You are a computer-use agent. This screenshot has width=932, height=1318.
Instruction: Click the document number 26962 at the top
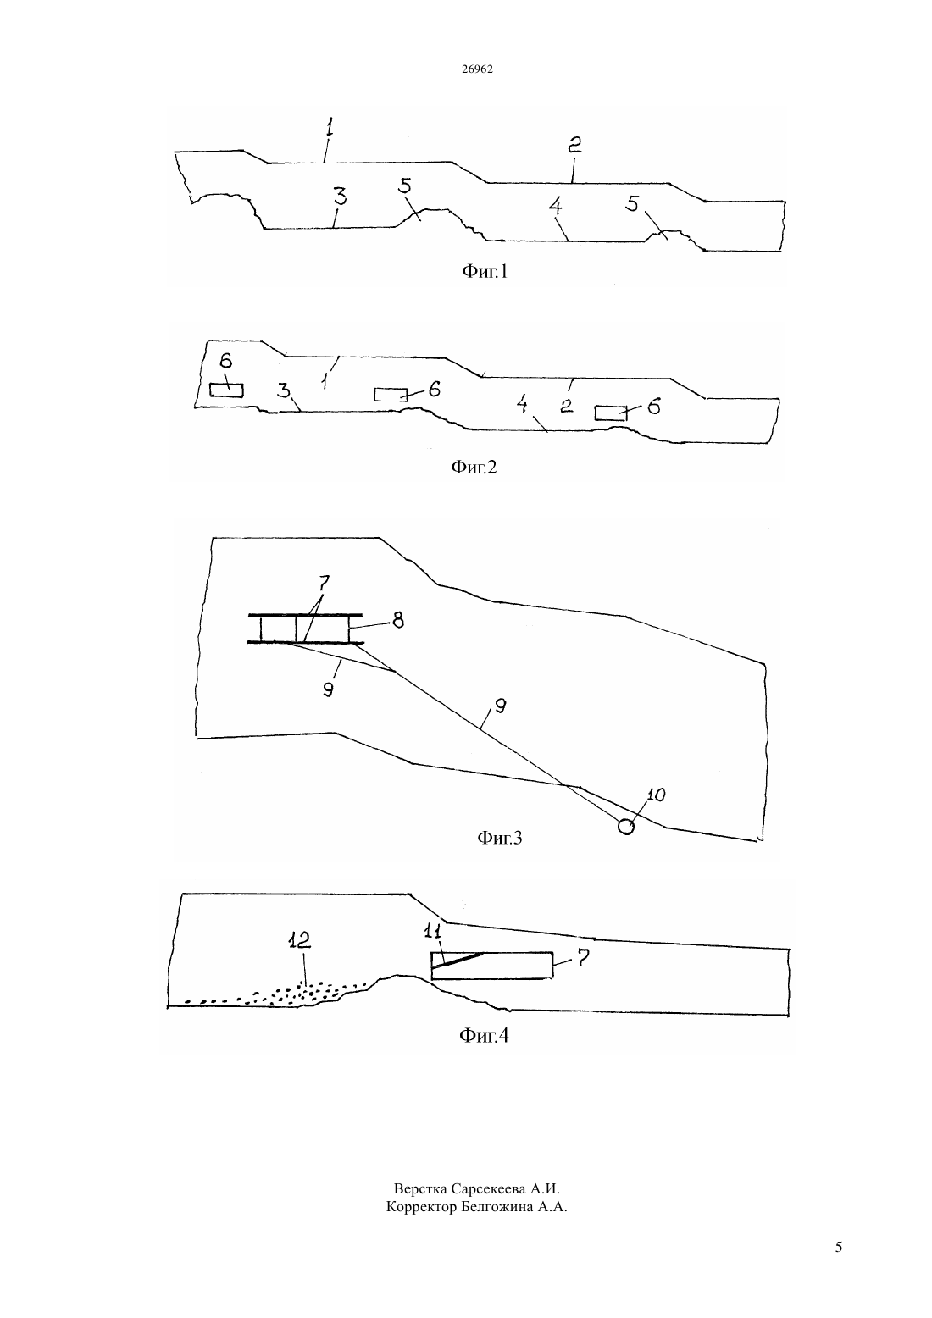[x=477, y=69]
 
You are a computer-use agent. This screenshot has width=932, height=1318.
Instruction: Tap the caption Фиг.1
[x=485, y=271]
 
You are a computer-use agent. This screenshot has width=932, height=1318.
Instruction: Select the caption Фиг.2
[x=474, y=468]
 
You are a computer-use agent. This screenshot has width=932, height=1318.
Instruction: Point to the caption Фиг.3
[x=500, y=837]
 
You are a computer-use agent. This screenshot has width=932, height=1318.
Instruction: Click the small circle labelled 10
[x=626, y=827]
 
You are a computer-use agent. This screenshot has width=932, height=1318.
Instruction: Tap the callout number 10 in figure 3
[x=656, y=795]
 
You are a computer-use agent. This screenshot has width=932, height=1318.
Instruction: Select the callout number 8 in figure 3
[x=398, y=620]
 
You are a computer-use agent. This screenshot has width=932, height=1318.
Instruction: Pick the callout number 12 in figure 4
[x=299, y=940]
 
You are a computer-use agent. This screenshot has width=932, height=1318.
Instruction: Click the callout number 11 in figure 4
[x=432, y=932]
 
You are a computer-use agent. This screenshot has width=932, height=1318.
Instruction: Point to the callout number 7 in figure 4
[x=582, y=958]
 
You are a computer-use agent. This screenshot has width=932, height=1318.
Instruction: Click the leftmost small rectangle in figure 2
[x=226, y=390]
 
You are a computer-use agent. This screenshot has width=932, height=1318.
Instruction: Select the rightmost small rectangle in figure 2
[x=610, y=413]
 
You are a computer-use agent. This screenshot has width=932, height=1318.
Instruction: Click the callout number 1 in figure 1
[x=330, y=127]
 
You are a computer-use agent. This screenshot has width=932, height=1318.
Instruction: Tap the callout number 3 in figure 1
[x=340, y=197]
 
